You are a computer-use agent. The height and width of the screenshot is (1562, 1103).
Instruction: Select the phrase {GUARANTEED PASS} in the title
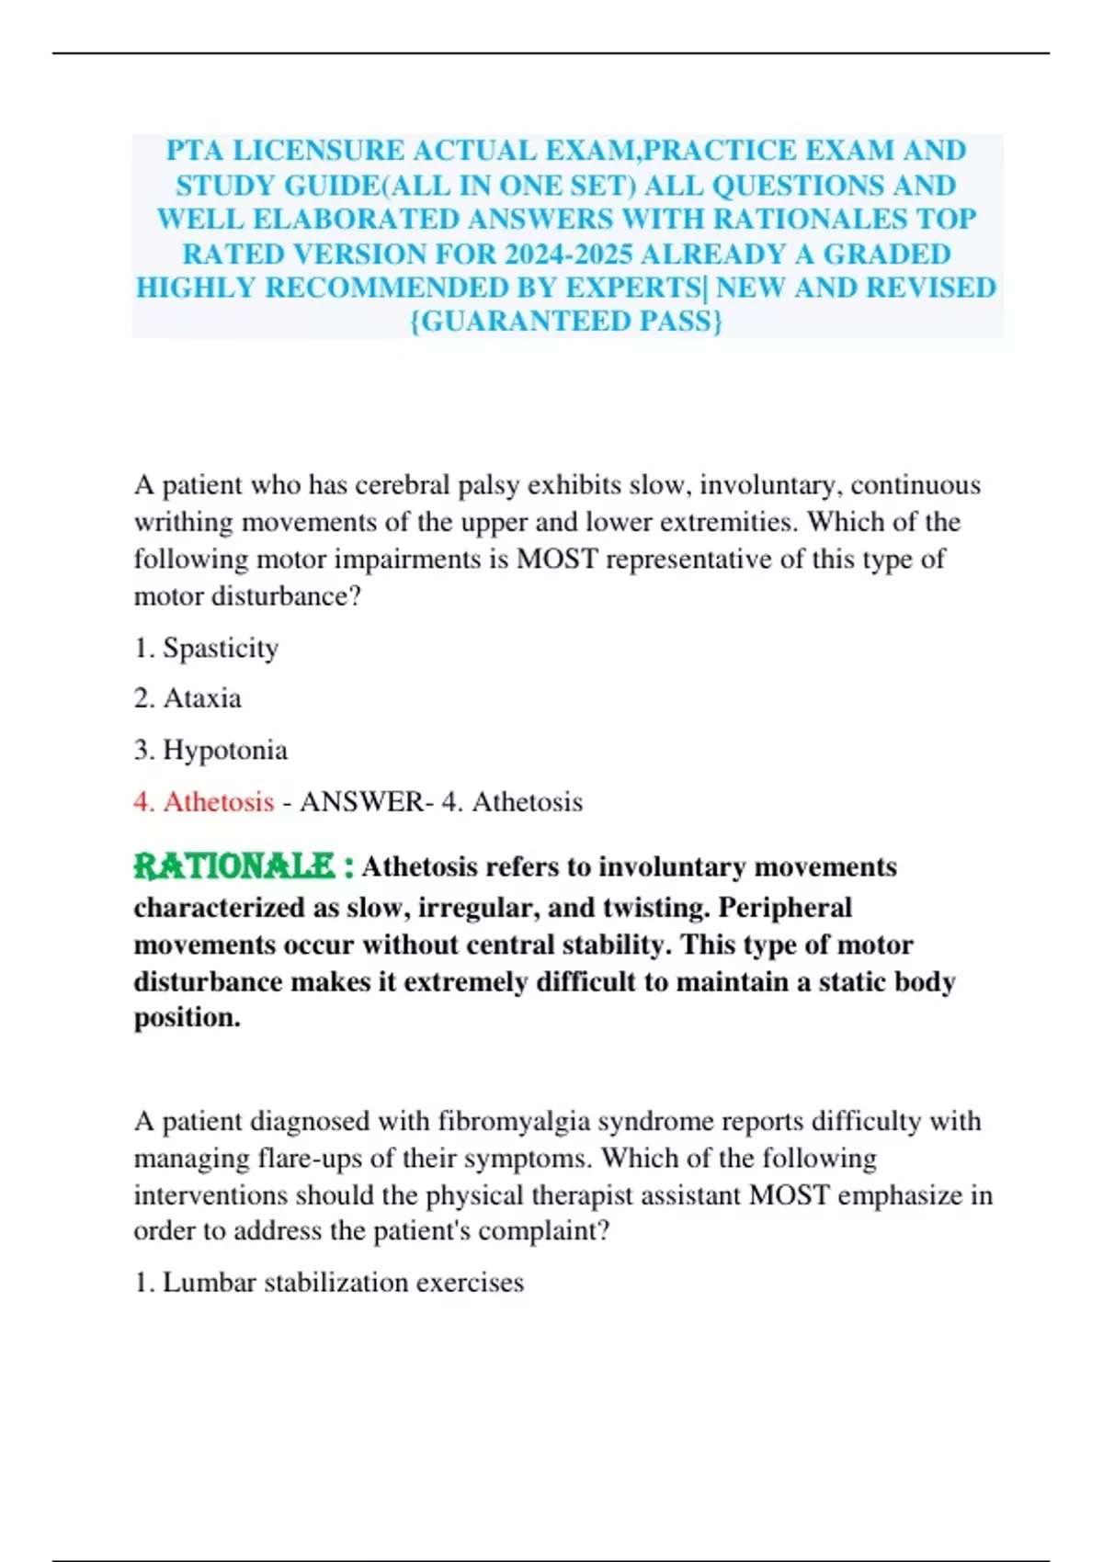tap(566, 322)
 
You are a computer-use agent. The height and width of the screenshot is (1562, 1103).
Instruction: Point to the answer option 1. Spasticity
tap(206, 648)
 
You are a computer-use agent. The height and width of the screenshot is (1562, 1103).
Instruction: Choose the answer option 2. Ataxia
tap(188, 698)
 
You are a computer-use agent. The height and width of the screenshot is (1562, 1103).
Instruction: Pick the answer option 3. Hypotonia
tap(210, 750)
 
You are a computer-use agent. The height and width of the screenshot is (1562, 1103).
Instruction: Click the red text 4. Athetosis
tap(204, 801)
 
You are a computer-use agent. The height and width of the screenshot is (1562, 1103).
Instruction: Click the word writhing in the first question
tap(184, 522)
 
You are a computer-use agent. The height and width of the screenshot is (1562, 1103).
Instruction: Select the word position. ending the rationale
tap(188, 1018)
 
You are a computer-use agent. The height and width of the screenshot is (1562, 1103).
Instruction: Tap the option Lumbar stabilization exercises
tap(343, 1282)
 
